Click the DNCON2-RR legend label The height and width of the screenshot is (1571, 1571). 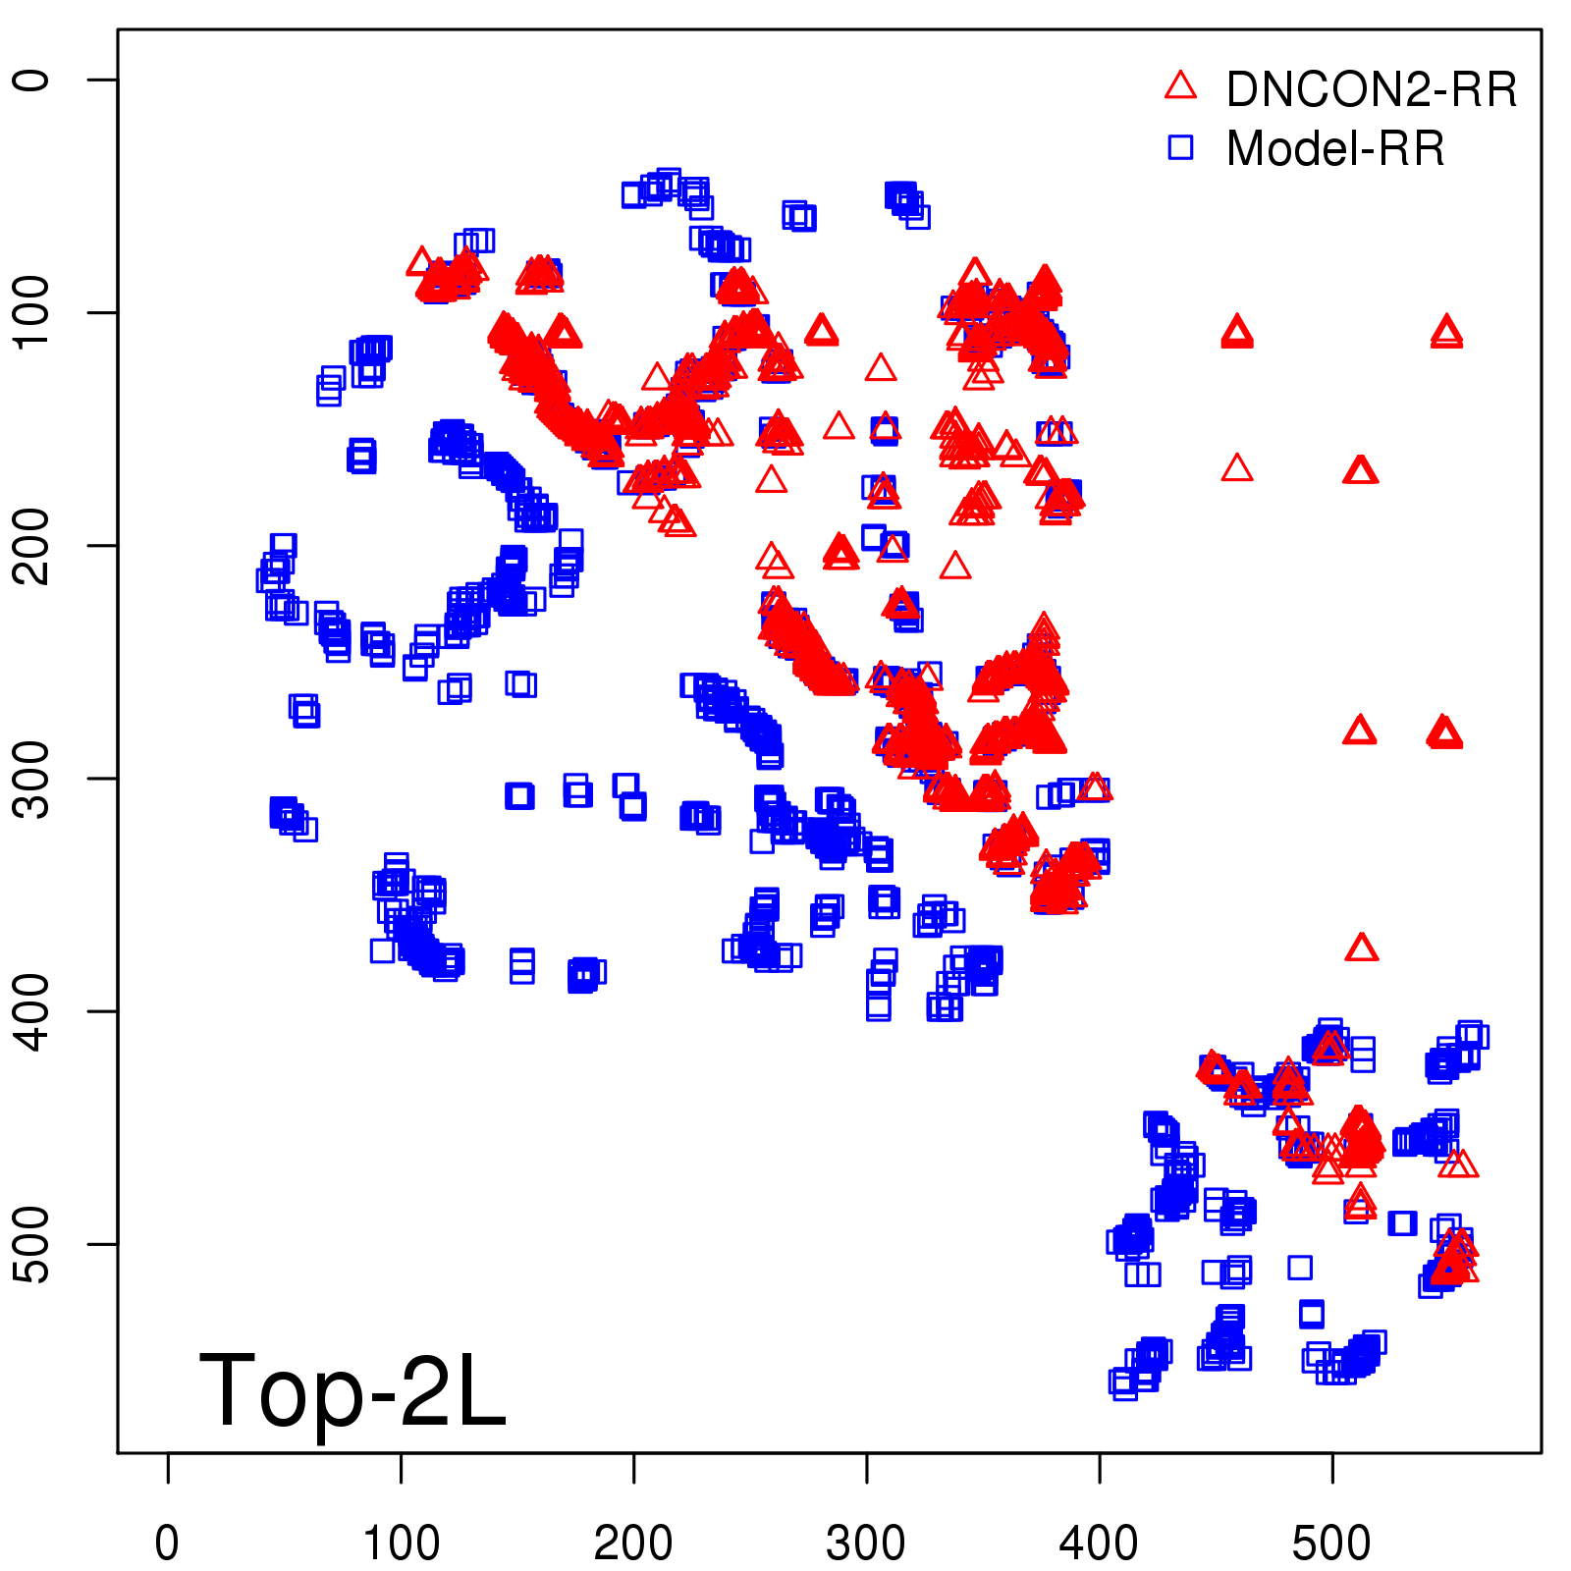(1371, 90)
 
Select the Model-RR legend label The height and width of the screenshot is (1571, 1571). (1335, 149)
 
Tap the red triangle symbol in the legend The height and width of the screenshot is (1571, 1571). (1180, 86)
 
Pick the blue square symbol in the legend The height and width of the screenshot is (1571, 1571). (1180, 147)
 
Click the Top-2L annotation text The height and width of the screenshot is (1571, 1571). (352, 1390)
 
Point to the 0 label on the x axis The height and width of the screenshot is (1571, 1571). (168, 1543)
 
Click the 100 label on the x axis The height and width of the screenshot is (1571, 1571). (401, 1543)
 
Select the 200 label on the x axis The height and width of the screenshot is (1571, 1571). (633, 1543)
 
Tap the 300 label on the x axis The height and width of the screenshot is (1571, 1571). (866, 1543)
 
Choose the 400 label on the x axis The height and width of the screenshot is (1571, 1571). (1099, 1543)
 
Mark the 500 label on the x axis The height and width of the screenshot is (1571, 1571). (1331, 1543)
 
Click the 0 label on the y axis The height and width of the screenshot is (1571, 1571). (33, 80)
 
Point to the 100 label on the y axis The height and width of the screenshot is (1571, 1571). (33, 312)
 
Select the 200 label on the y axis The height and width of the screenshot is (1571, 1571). (33, 545)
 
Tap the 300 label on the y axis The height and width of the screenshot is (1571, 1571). (33, 778)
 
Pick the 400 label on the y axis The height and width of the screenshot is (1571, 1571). (33, 1010)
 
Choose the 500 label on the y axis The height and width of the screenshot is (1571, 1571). (33, 1243)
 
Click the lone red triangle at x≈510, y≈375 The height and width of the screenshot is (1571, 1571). (1362, 948)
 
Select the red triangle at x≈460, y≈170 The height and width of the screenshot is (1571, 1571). (1237, 469)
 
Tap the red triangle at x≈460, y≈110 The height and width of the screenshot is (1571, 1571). (1237, 333)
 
